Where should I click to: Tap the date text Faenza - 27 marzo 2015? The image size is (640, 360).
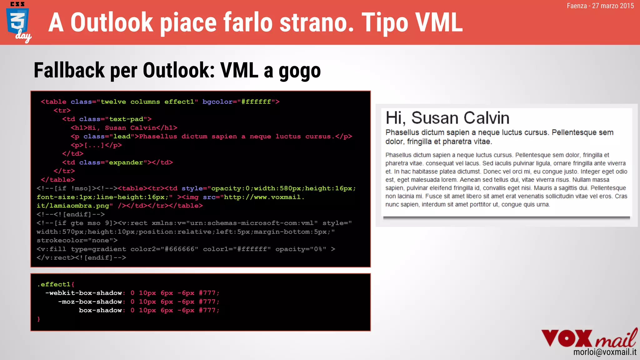600,6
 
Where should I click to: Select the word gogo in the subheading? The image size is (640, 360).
300,71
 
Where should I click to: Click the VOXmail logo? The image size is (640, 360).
589,338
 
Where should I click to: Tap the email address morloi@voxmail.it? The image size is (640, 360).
605,352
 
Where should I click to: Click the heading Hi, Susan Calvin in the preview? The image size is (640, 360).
447,118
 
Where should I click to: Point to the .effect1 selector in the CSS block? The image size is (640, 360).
55,284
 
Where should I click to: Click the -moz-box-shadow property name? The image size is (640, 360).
90,302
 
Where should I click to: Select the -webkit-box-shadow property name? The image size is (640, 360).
84,293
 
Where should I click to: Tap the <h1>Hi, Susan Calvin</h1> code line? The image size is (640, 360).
124,128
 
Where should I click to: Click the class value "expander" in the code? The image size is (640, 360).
126,162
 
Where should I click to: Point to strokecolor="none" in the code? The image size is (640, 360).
77,240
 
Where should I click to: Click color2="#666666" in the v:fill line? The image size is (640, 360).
164,249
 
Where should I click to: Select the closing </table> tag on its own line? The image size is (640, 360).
58,180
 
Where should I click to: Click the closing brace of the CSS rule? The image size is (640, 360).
39,319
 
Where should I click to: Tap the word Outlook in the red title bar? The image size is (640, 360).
112,22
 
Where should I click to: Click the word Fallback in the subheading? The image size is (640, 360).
69,71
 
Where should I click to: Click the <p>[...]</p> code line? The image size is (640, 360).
96,145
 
